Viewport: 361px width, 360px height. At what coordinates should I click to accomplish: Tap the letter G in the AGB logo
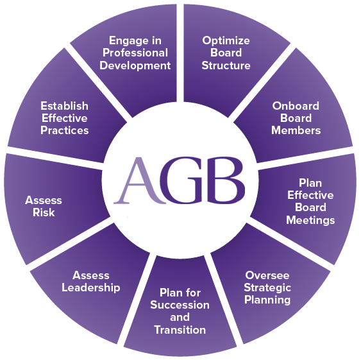click(x=182, y=180)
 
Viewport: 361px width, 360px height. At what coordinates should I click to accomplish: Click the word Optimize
click(x=226, y=41)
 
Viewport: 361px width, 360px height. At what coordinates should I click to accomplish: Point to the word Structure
click(x=226, y=65)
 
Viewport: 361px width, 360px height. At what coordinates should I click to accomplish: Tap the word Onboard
click(x=296, y=106)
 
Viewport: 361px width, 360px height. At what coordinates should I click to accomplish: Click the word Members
click(x=296, y=130)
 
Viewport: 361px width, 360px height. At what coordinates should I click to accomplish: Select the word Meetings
click(x=310, y=220)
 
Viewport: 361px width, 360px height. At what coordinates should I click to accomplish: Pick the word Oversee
click(x=267, y=275)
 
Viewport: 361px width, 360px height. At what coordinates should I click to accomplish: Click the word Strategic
click(x=267, y=287)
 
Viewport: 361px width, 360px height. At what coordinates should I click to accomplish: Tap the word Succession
click(x=180, y=305)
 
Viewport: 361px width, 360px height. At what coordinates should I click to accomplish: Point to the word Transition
click(x=180, y=330)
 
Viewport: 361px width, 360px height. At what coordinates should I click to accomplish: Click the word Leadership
click(x=90, y=287)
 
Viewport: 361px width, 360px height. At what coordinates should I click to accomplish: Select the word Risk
click(x=44, y=212)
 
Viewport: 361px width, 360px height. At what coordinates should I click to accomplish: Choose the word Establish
click(x=65, y=106)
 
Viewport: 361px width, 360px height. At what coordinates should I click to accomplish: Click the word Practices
click(x=65, y=130)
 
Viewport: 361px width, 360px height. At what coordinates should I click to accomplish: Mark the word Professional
click(x=135, y=53)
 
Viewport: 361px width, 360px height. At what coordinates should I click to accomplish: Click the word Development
click(x=135, y=66)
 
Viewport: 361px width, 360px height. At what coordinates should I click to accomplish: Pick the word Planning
click(x=267, y=300)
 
